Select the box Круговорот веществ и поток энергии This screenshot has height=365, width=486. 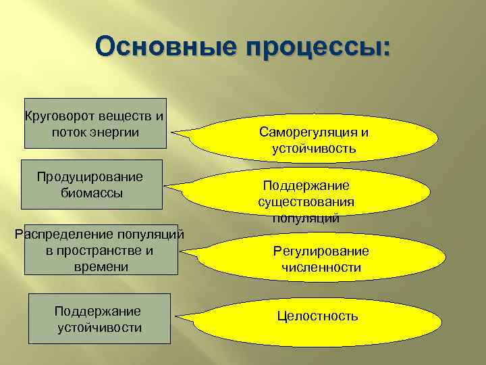(94, 122)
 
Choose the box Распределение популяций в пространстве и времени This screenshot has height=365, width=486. (101, 250)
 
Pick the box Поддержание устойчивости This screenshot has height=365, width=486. (98, 319)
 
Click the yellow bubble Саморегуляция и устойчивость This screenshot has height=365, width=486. (314, 139)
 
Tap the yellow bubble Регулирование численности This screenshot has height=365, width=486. (321, 259)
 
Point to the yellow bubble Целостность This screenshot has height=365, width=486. (317, 316)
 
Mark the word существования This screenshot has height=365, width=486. (306, 201)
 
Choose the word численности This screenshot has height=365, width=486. (321, 268)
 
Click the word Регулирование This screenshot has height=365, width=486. (321, 251)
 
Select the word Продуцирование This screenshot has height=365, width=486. (90, 177)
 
